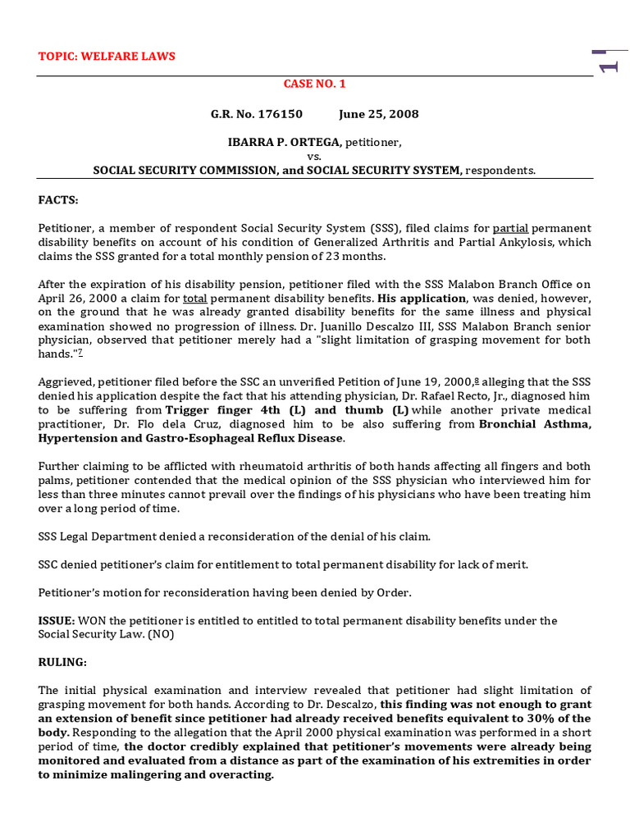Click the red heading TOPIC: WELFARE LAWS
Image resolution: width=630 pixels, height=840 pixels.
pos(107,57)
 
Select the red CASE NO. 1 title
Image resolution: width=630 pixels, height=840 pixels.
pos(314,84)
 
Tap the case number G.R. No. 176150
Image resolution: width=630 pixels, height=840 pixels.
pos(257,114)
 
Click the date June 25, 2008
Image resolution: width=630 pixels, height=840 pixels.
pos(379,114)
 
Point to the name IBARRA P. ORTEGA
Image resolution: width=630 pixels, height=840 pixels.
pos(284,143)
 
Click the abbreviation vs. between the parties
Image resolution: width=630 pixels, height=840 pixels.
pos(314,157)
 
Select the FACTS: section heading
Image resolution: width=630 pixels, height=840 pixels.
pos(58,199)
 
